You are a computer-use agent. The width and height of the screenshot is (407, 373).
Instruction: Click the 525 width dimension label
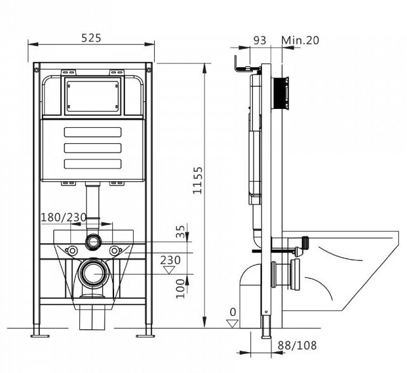tap(91, 39)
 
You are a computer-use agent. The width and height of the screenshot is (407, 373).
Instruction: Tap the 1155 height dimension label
tap(198, 180)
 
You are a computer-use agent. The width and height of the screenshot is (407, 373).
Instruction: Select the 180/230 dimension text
tap(64, 217)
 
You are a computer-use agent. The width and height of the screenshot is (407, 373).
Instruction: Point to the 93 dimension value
tap(260, 41)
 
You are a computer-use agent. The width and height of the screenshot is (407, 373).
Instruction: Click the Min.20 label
tap(300, 41)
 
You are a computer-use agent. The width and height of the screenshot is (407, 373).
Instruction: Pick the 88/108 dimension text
tap(297, 346)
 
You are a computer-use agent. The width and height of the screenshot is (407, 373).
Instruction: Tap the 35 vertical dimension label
tap(181, 232)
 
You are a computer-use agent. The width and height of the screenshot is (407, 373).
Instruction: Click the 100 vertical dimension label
tap(181, 289)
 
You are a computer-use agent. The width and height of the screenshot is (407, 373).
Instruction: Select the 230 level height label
tap(171, 260)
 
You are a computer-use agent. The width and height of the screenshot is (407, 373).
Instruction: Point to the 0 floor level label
tap(233, 312)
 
